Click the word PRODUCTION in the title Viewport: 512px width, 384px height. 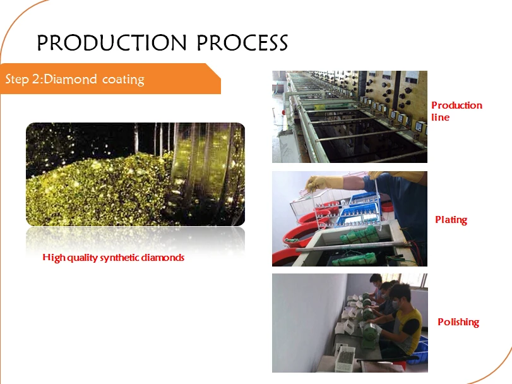[112, 43]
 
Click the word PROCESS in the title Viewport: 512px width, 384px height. [242, 43]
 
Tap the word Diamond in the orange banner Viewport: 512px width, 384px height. [70, 80]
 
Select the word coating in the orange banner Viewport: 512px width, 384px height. [123, 80]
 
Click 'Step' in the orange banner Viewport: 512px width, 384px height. [17, 80]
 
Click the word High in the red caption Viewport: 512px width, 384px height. [52, 258]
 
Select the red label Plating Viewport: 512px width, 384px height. [451, 220]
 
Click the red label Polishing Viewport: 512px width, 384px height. [458, 322]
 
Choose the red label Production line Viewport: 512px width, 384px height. [456, 111]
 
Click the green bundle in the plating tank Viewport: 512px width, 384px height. [359, 234]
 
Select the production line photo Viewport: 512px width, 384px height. [350, 117]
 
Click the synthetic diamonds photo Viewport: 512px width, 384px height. [136, 174]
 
